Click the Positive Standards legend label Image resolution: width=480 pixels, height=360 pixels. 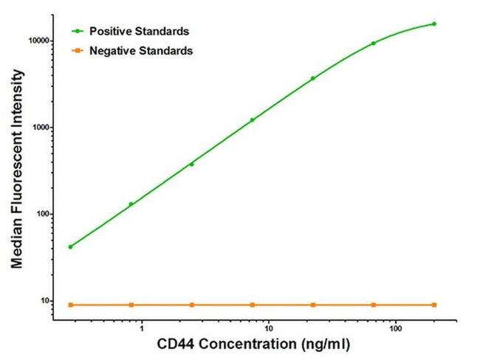tap(140, 32)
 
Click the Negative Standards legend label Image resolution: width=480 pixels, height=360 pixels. tap(141, 51)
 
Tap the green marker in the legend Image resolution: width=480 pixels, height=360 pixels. tap(76, 32)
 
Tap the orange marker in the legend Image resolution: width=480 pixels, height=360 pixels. tap(76, 51)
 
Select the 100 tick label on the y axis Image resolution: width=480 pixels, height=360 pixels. tap(42, 215)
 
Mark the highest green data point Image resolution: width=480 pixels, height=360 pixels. tap(434, 24)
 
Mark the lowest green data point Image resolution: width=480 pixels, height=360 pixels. tap(70, 246)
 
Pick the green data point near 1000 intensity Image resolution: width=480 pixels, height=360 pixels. tap(252, 120)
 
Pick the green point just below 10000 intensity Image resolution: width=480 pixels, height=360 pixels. tap(374, 43)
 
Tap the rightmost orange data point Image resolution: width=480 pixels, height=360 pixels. tap(434, 305)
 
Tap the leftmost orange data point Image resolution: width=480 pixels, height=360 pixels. tap(70, 305)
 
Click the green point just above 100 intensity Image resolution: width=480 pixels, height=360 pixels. tap(131, 204)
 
